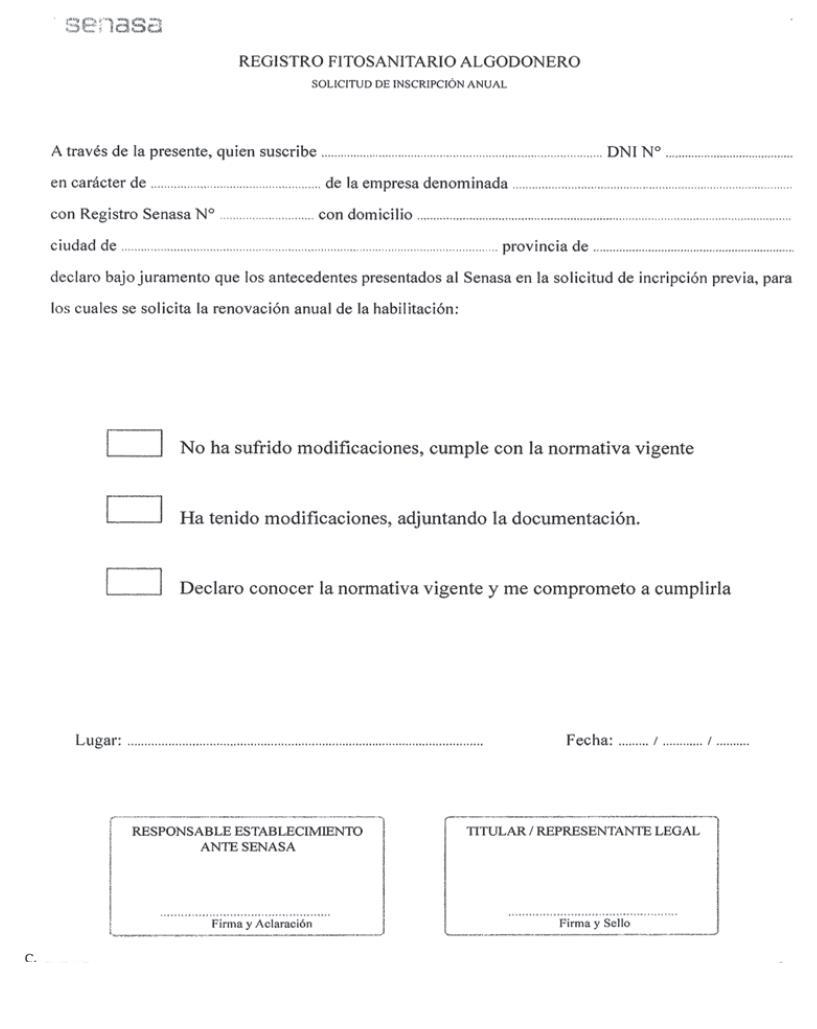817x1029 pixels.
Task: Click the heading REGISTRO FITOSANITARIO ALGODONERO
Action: (409, 63)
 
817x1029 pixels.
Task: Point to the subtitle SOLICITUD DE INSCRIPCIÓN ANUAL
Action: (409, 84)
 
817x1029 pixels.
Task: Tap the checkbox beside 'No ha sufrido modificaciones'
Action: (134, 444)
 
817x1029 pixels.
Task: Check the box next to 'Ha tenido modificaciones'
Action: (134, 511)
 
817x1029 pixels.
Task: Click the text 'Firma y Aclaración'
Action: (246, 924)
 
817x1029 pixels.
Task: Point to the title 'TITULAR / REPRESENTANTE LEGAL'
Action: (583, 831)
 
